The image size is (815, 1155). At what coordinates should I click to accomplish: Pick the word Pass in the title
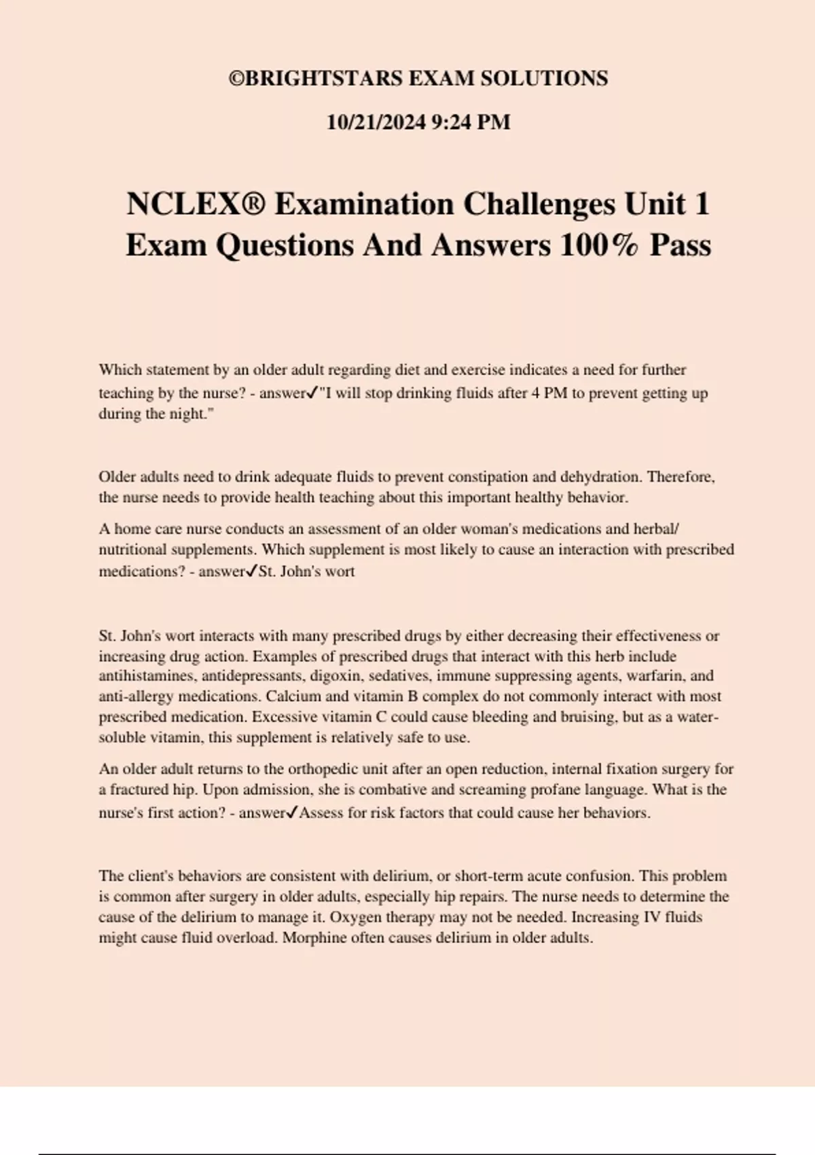click(680, 245)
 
